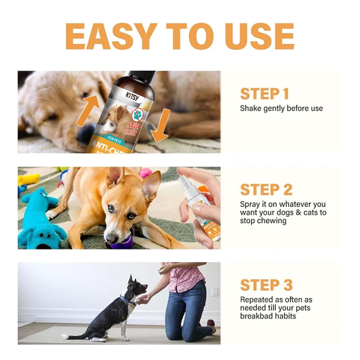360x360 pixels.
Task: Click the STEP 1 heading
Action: (264, 94)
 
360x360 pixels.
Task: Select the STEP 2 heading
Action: (266, 189)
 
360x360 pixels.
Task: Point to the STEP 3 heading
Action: (266, 285)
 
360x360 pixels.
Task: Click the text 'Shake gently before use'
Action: (281, 108)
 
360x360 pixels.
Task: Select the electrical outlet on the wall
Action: (215, 291)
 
